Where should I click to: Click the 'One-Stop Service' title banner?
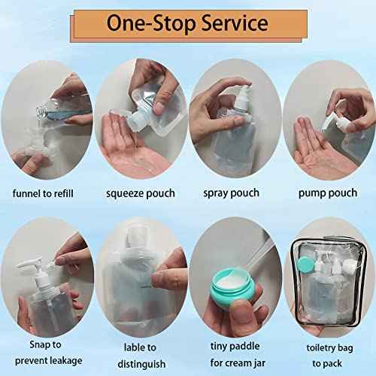click(189, 23)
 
